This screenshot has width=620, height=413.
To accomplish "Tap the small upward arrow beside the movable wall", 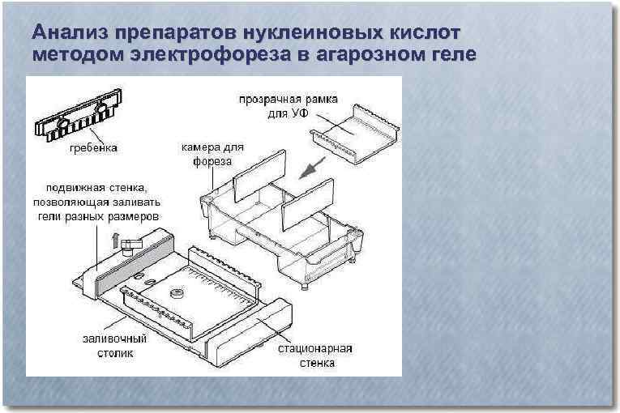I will (114, 237).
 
